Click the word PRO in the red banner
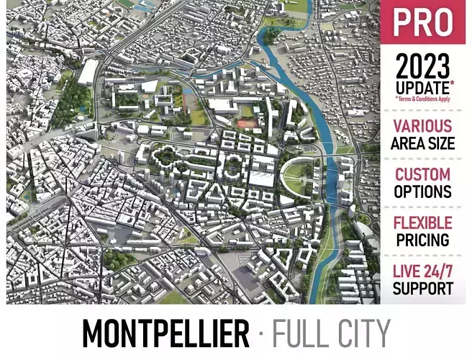423,23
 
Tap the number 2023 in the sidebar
424,69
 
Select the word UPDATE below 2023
422,87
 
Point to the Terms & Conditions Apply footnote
424,99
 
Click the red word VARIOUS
423,126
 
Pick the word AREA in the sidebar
407,143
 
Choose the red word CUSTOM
423,174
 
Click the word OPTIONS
423,192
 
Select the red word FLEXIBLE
423,222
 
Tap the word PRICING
423,239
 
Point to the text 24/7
440,271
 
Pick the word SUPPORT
423,288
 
